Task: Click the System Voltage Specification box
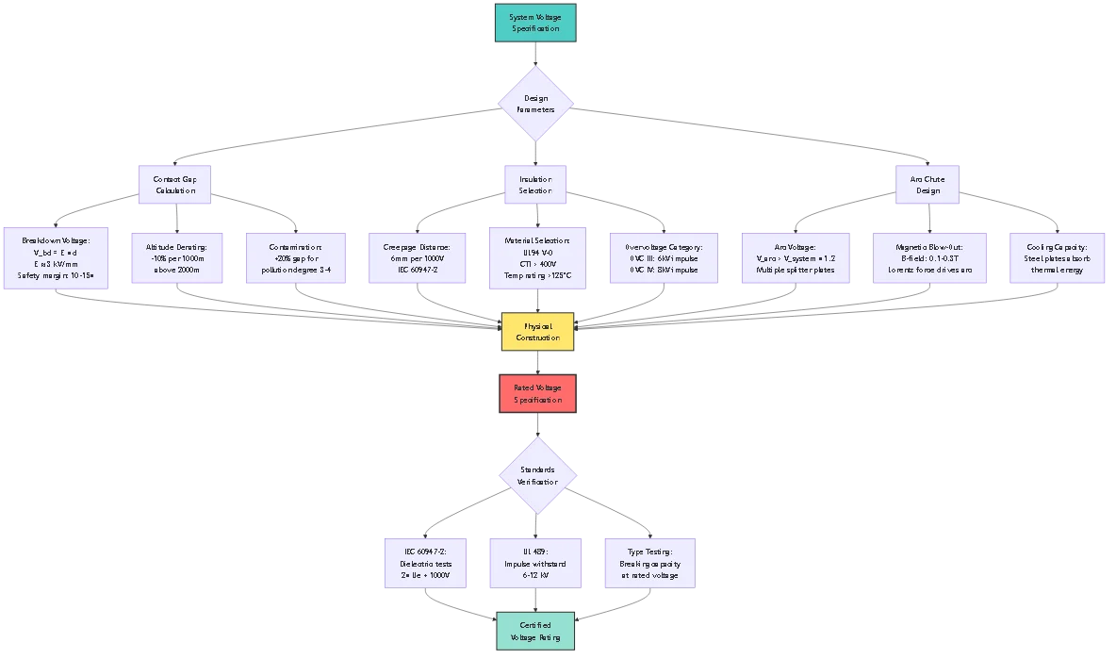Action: pyautogui.click(x=535, y=23)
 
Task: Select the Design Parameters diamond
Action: pyautogui.click(x=535, y=104)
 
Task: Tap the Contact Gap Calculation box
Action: pyautogui.click(x=174, y=184)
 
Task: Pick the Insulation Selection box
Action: pyautogui.click(x=535, y=184)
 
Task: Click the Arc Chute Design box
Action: pyautogui.click(x=927, y=184)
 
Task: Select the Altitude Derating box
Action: pyautogui.click(x=176, y=258)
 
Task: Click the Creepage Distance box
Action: pyautogui.click(x=416, y=258)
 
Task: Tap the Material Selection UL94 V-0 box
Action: pyautogui.click(x=535, y=258)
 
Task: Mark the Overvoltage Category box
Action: pyautogui.click(x=662, y=258)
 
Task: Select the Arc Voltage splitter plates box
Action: pyautogui.click(x=795, y=258)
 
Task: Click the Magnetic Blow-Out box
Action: pyautogui.click(x=927, y=258)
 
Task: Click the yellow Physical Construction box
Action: pyautogui.click(x=535, y=331)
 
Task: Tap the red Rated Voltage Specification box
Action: pyautogui.click(x=535, y=393)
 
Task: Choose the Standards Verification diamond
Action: pyautogui.click(x=536, y=475)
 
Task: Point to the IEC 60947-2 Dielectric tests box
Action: pyautogui.click(x=424, y=563)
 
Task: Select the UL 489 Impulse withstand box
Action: pyautogui.click(x=535, y=563)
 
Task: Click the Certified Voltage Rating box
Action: pyautogui.click(x=535, y=631)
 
